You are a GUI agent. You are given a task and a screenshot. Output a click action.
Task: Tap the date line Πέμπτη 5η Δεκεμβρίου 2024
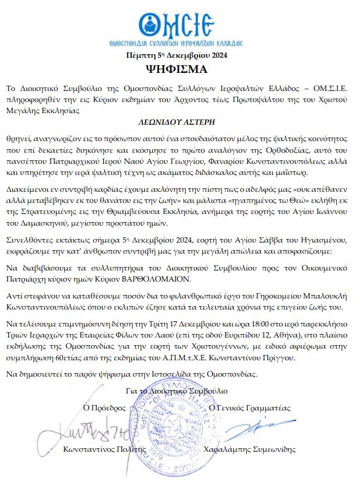coord(179,56)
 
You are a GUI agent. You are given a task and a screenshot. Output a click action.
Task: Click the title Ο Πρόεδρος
coord(106,407)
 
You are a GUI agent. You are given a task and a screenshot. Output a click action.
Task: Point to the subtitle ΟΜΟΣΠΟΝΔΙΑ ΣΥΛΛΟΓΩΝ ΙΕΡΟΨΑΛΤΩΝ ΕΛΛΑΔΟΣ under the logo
coord(179,43)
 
